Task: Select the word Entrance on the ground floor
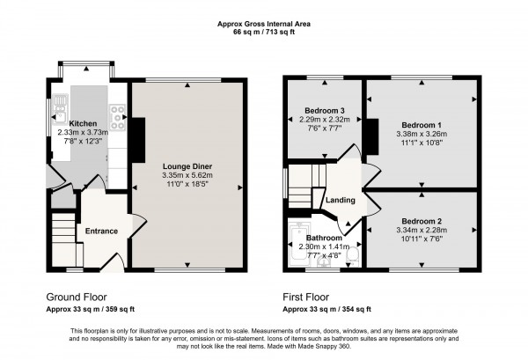pyautogui.click(x=100, y=231)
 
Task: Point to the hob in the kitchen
pyautogui.click(x=116, y=112)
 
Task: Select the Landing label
pyautogui.click(x=340, y=201)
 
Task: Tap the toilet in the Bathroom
pyautogui.click(x=353, y=253)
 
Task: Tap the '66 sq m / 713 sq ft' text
pyautogui.click(x=263, y=32)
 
